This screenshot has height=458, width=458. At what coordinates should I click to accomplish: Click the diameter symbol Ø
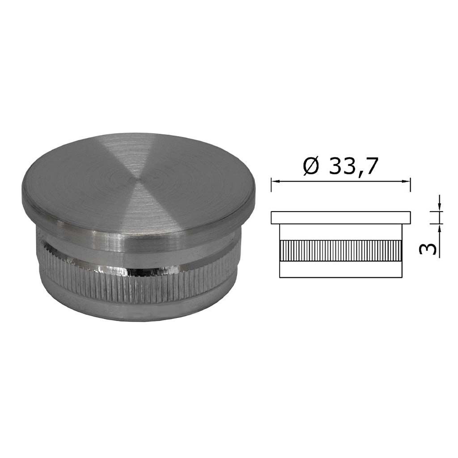click(x=310, y=166)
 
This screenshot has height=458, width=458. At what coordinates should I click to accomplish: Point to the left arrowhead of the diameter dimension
click(x=276, y=182)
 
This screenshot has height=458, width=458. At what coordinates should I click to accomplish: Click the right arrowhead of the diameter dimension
click(x=406, y=182)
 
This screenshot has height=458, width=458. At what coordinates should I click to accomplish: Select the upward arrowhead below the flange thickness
click(x=439, y=228)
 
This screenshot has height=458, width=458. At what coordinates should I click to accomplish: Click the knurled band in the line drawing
click(x=341, y=251)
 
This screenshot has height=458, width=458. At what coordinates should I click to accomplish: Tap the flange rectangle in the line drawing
click(x=341, y=218)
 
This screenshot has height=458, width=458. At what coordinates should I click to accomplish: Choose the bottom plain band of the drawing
click(x=341, y=270)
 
